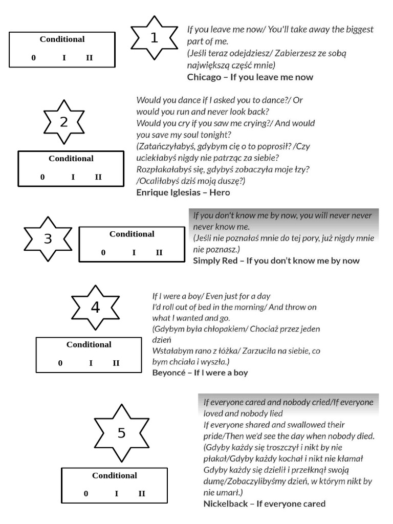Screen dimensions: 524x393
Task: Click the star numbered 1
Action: (154, 39)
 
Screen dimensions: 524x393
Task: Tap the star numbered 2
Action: (64, 122)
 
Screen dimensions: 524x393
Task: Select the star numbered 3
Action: (48, 239)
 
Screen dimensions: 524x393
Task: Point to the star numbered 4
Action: (95, 308)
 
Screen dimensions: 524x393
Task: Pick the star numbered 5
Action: (121, 433)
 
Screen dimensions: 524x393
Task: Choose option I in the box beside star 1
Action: (64, 58)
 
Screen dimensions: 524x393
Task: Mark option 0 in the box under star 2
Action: (42, 177)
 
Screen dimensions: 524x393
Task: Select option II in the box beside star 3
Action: (159, 252)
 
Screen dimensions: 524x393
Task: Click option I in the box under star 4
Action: (91, 363)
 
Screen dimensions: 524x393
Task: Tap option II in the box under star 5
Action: (142, 494)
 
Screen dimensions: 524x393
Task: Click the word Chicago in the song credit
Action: (203, 77)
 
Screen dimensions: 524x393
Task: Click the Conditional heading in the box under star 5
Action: (115, 475)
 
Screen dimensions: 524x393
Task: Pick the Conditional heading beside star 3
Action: (132, 234)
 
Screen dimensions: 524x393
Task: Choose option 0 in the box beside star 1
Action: (34, 58)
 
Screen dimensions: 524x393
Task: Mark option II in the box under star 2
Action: (98, 177)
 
